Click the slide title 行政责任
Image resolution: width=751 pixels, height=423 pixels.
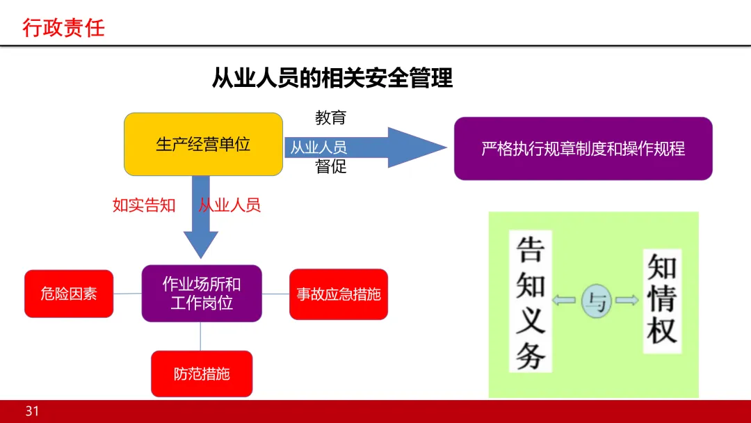click(63, 28)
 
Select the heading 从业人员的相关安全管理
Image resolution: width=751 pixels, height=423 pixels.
click(332, 78)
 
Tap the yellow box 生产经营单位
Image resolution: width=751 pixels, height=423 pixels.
click(203, 144)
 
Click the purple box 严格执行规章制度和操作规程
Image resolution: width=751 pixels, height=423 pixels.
click(583, 148)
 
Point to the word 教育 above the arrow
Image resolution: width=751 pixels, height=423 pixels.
click(330, 118)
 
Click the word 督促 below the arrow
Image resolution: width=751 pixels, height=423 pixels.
click(330, 167)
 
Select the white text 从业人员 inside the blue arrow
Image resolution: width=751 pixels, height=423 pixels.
click(318, 147)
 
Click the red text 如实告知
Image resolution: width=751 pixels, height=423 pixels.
click(144, 205)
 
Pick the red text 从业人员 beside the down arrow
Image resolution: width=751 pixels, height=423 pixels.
click(229, 205)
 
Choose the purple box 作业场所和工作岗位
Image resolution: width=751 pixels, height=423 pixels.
click(202, 293)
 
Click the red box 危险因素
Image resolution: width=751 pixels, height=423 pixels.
click(68, 294)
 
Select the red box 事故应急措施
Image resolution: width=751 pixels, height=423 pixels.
click(339, 294)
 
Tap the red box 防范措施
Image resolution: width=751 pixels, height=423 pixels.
click(202, 374)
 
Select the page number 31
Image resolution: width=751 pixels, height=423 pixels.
click(33, 411)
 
